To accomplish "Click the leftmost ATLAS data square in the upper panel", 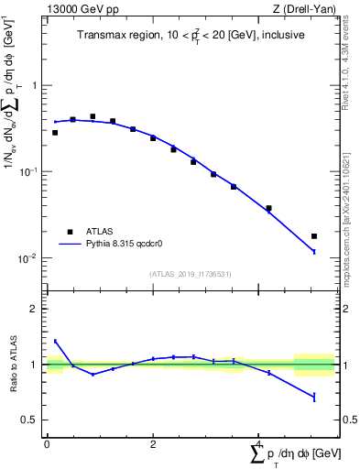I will (55, 133).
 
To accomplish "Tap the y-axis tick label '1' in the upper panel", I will (35, 85).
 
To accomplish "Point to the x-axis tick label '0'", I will (47, 443).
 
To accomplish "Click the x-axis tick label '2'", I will (153, 443).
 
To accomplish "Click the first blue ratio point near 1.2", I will (55, 341).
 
